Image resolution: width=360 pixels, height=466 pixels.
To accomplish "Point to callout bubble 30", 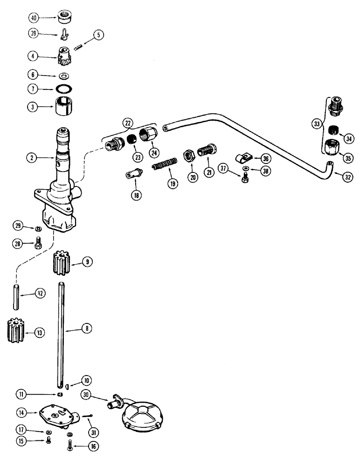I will point(86,394).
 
